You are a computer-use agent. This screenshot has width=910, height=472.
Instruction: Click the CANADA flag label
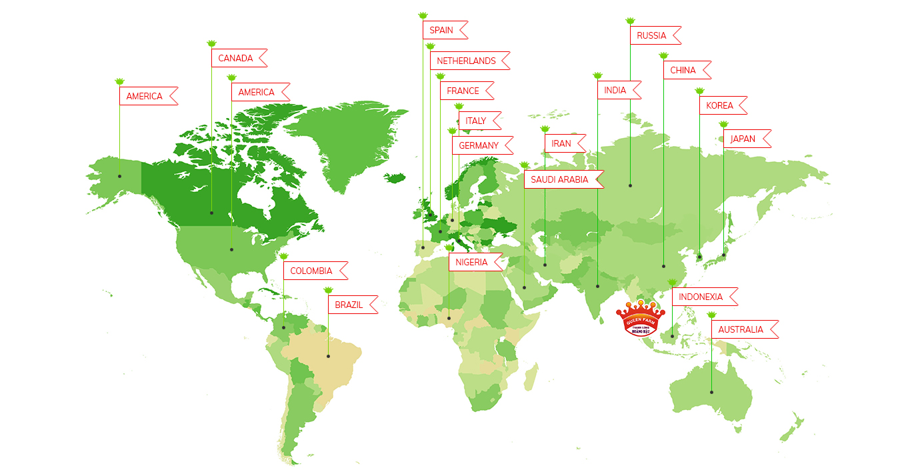(x=236, y=58)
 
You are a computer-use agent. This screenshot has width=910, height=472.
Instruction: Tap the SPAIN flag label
(x=441, y=30)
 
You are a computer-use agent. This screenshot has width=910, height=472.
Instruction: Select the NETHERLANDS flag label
(x=466, y=61)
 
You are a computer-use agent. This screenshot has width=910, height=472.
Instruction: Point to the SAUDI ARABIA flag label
(x=559, y=179)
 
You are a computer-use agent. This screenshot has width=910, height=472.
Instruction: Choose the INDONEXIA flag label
(x=701, y=297)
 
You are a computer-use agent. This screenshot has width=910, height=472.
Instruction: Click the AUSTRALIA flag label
(x=741, y=329)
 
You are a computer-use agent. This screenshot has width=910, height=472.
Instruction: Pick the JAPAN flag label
(x=743, y=139)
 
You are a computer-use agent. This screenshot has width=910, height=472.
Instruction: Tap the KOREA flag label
(x=719, y=105)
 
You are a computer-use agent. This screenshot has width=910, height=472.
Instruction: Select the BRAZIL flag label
(x=349, y=305)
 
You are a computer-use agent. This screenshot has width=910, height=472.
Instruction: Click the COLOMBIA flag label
(x=311, y=271)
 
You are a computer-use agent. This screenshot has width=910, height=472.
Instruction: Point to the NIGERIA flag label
(x=472, y=262)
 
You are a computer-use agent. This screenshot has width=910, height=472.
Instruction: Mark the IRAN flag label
(x=561, y=143)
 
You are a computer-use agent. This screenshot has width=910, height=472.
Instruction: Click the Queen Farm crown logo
(x=640, y=319)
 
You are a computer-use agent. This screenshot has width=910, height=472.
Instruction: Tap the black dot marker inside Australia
(x=711, y=392)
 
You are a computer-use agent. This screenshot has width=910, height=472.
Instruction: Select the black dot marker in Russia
(x=630, y=185)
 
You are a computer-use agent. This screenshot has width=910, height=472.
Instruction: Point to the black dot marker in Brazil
(x=328, y=356)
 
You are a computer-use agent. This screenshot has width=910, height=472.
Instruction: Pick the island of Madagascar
(x=531, y=377)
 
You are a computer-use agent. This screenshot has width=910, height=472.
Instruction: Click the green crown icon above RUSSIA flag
(x=631, y=21)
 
